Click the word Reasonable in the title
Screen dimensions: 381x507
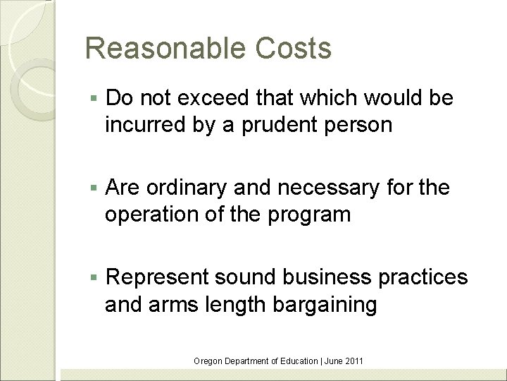[x=161, y=49]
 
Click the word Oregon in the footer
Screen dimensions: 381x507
[x=208, y=361]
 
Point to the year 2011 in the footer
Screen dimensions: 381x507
[x=354, y=361]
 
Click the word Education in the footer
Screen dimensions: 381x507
[x=298, y=361]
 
